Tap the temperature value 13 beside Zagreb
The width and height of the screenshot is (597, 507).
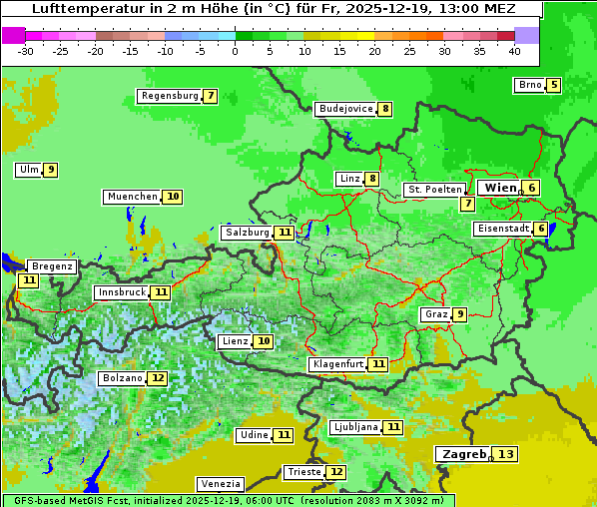[x=506, y=455]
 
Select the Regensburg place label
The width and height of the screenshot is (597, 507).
[x=170, y=96]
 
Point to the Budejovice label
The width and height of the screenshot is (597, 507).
[x=345, y=109]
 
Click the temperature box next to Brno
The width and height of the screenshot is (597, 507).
[x=553, y=85]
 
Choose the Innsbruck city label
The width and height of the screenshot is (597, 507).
[x=120, y=292]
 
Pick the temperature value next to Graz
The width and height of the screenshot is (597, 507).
[x=459, y=314]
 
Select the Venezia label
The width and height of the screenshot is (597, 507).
[x=220, y=483]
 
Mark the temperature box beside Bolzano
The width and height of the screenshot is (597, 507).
[x=158, y=378]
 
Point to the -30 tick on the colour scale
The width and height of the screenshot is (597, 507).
[x=26, y=50]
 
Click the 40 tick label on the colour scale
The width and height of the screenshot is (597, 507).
[x=514, y=50]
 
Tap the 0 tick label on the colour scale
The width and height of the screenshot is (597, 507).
[x=235, y=50]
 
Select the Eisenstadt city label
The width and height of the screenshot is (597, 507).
[x=503, y=229]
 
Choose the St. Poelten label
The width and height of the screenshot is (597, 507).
[x=434, y=189]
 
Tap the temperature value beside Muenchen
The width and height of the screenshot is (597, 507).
[x=173, y=197]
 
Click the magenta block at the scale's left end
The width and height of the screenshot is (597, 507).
[x=13, y=34]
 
